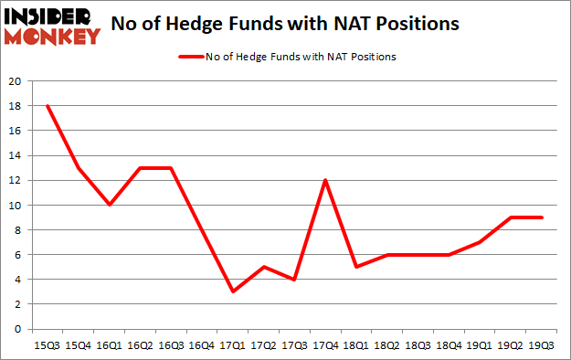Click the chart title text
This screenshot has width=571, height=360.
[x=285, y=25]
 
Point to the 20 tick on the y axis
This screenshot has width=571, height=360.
[x=16, y=80]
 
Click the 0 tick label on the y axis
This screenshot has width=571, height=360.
[x=18, y=329]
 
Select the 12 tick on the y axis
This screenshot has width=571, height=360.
[x=16, y=180]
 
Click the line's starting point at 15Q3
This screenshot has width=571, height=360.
[x=48, y=106]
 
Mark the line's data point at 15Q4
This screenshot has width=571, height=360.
[x=79, y=168]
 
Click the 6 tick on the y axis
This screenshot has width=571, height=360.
[x=18, y=255]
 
